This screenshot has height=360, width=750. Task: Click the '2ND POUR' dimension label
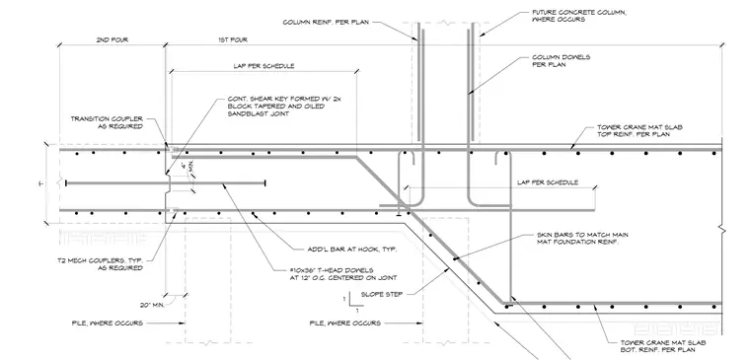point(112,40)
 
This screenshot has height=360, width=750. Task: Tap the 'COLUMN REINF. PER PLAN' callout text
point(326,22)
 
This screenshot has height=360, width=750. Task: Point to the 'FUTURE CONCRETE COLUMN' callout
point(579,16)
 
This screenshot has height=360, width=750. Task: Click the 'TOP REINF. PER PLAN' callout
point(639,131)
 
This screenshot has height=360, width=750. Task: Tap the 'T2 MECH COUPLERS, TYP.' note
point(107,264)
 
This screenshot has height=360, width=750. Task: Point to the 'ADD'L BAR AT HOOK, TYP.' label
point(352,250)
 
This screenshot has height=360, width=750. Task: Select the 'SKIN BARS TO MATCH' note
point(582,239)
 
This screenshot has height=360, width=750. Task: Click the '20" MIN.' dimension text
point(152,304)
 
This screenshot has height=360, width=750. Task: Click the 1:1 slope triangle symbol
point(353,302)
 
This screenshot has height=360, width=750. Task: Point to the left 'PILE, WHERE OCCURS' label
point(108,324)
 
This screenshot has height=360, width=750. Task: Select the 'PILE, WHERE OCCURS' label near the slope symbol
point(345,324)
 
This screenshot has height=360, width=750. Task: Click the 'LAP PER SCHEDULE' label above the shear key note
point(263,66)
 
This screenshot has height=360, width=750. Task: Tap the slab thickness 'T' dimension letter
point(40,183)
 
